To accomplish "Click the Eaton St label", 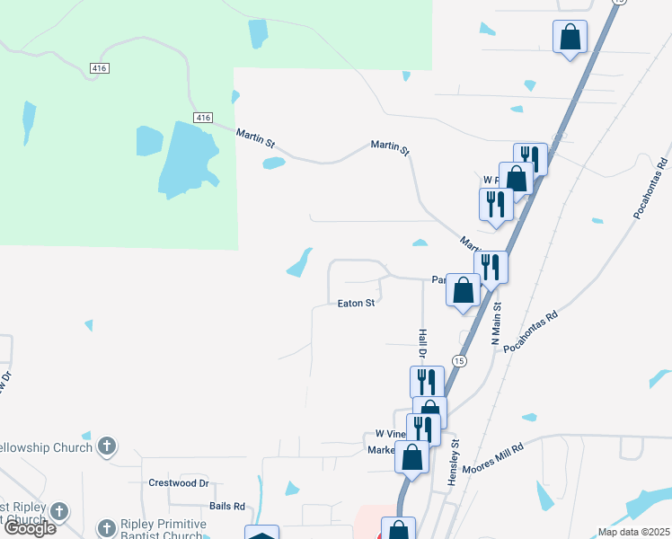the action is click(x=356, y=304).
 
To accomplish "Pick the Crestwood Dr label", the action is click(x=179, y=483).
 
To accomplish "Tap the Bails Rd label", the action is click(x=226, y=507).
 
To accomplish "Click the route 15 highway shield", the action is click(x=459, y=360).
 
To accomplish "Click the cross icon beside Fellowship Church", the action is click(x=106, y=446).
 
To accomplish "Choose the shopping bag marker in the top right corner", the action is click(x=570, y=38).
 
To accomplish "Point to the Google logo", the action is click(x=30, y=528).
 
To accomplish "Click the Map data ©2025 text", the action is click(x=632, y=532).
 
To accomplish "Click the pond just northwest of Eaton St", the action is click(x=299, y=263).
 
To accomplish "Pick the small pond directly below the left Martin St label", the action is click(x=273, y=163).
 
